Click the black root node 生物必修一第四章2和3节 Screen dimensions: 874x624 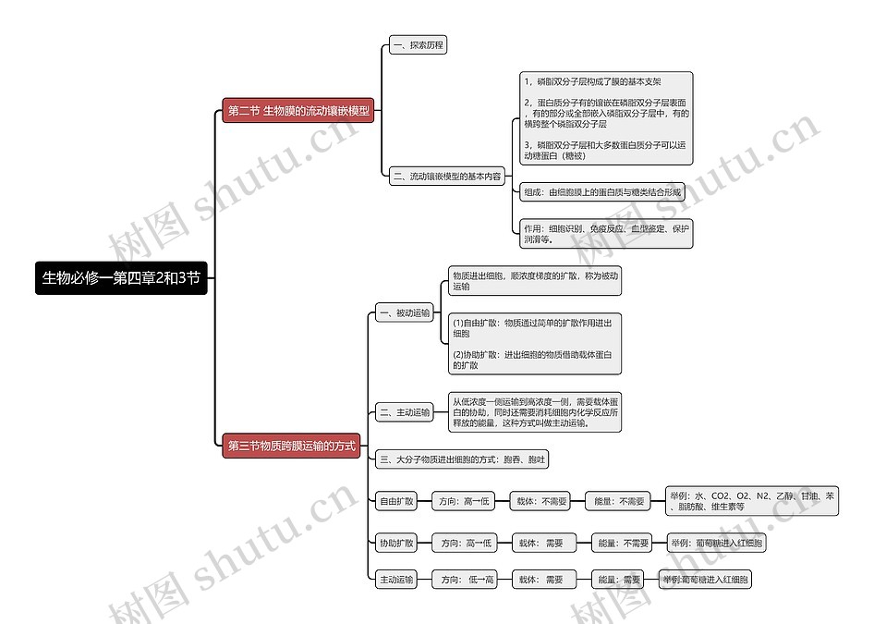[x=121, y=277]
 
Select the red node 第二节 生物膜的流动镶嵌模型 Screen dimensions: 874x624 [x=298, y=111]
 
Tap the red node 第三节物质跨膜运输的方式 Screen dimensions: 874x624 [x=291, y=446]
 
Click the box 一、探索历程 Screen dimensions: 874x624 [x=418, y=44]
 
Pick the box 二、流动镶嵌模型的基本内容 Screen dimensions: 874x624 [x=446, y=176]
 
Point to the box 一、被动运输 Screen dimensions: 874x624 [x=404, y=313]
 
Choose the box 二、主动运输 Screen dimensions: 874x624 [x=404, y=412]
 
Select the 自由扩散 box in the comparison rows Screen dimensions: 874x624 [x=396, y=501]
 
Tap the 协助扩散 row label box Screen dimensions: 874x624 [x=396, y=543]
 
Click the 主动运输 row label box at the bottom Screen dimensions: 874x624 [x=396, y=580]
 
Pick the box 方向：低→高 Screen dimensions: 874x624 [x=467, y=580]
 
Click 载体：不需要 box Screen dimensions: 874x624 [x=542, y=501]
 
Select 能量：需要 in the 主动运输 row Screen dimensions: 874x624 [x=619, y=580]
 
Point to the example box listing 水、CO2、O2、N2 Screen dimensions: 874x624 [x=752, y=501]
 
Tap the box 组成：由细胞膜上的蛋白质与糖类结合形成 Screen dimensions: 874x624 [x=602, y=192]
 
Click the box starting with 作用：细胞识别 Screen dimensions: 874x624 [x=606, y=233]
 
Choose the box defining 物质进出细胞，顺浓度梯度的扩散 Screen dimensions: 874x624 [x=535, y=281]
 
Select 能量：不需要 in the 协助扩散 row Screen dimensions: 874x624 [x=622, y=543]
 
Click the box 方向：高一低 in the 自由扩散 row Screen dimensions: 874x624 [x=464, y=501]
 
